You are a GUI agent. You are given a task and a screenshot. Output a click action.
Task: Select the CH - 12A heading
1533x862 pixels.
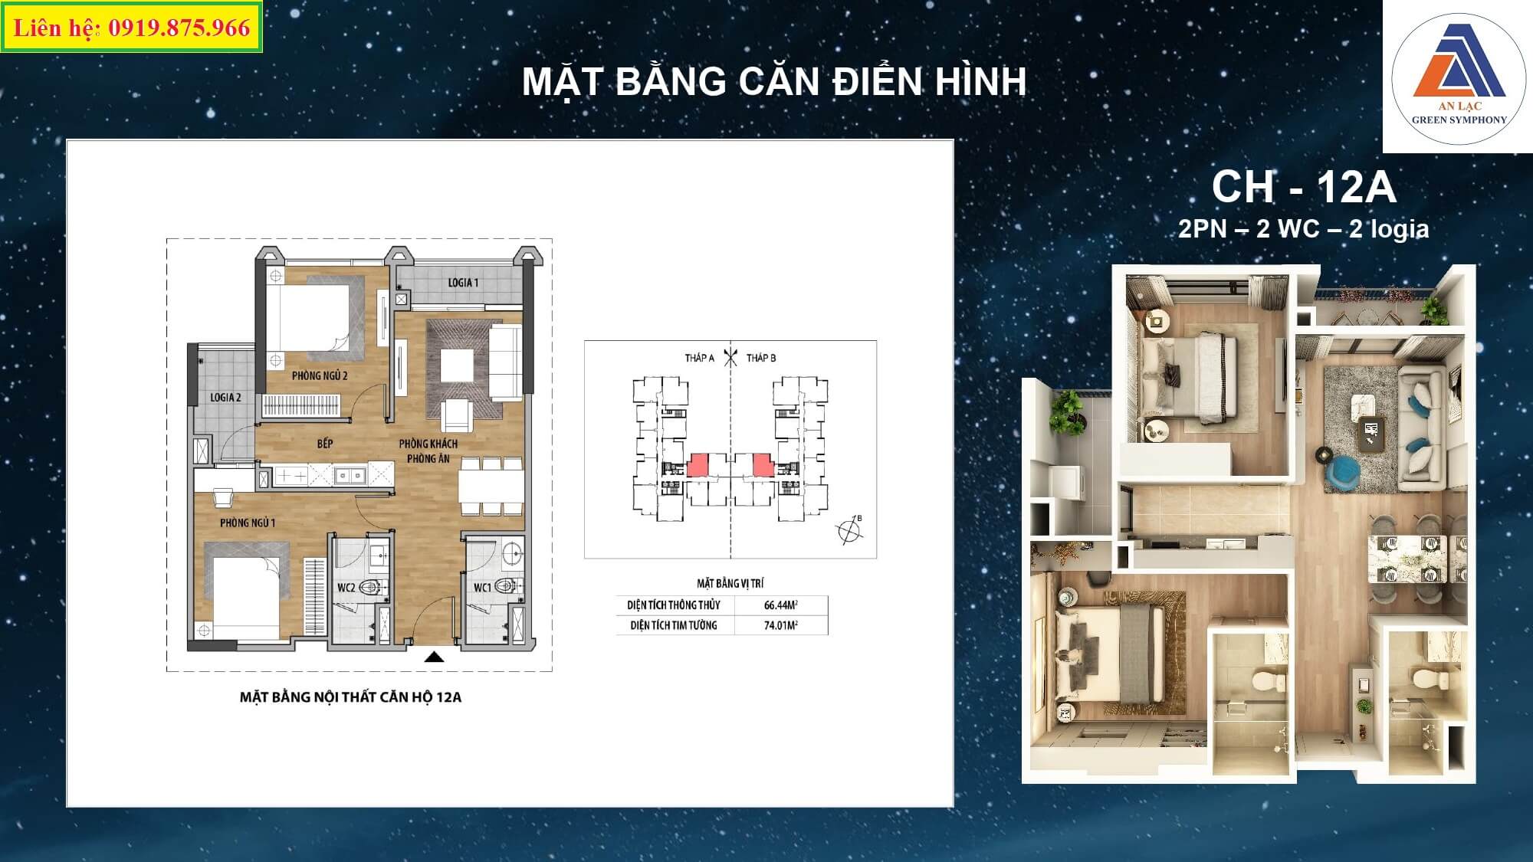1304,187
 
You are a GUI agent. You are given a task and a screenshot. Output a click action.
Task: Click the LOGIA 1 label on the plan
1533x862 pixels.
463,283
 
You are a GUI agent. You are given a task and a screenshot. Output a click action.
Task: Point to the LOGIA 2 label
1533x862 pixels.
225,398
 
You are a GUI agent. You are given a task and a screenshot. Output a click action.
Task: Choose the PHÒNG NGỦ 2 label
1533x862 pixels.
320,375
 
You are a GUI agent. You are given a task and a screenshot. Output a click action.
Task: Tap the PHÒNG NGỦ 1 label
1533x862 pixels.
248,523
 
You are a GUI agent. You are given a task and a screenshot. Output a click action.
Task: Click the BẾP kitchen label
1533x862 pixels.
325,444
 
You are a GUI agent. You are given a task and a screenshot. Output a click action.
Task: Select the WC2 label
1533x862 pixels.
346,588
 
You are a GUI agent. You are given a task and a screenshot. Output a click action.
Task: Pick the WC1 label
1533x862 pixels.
482,588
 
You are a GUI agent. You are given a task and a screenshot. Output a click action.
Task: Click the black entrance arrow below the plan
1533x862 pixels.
435,656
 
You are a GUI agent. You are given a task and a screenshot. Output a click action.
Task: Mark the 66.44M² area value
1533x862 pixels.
781,605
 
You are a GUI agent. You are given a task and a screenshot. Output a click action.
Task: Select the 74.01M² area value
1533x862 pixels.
781,625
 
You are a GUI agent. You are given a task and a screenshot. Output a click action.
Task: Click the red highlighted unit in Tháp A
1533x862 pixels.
698,465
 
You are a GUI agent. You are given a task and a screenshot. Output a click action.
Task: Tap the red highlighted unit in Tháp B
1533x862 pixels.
762,465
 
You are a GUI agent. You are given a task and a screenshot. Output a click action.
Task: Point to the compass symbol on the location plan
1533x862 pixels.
849,530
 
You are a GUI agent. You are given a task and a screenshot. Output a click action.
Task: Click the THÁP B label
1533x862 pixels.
761,358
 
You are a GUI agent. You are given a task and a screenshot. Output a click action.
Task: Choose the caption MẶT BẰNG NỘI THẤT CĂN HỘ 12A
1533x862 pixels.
350,697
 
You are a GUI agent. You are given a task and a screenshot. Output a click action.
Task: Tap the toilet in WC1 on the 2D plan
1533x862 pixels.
505,587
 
